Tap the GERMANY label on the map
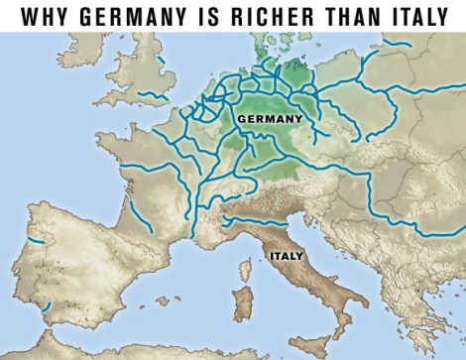tap(270, 119)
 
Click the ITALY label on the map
tap(285, 254)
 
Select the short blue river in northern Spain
tap(37, 241)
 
